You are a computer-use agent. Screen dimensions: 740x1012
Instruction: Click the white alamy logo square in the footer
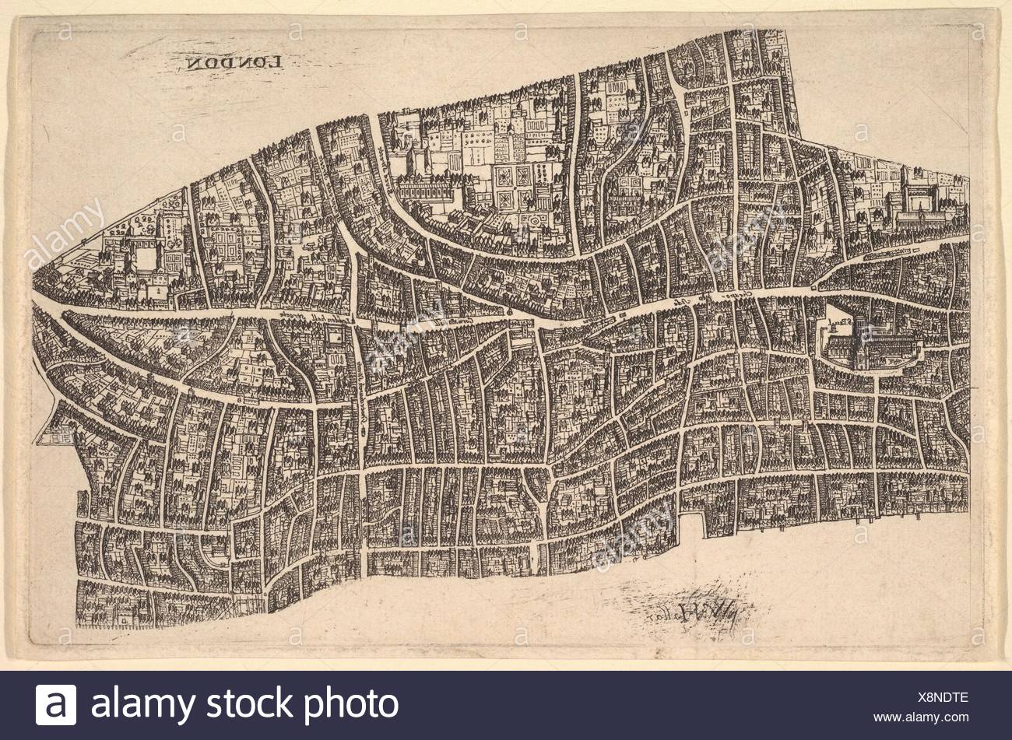[56, 705]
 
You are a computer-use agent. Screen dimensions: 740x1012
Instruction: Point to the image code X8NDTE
[941, 697]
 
